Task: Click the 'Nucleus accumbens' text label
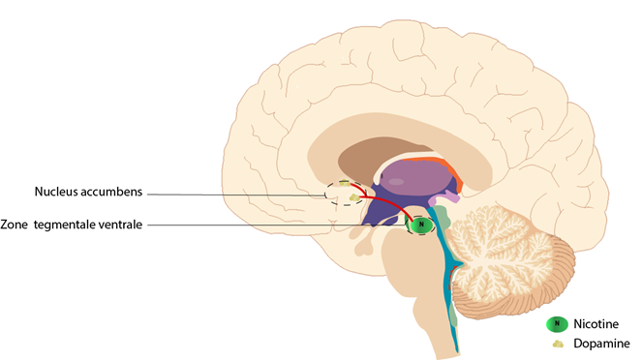[x=88, y=192]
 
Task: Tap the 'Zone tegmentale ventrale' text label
[x=72, y=225]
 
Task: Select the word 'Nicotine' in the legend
[x=596, y=324]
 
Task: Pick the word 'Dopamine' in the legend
[x=601, y=344]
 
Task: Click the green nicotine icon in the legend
[x=557, y=324]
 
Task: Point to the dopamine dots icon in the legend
[x=558, y=345]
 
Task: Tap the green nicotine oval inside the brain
[x=421, y=225]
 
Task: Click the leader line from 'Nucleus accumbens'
[x=236, y=195]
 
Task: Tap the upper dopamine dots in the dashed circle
[x=345, y=184]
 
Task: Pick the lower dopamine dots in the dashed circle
[x=354, y=198]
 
